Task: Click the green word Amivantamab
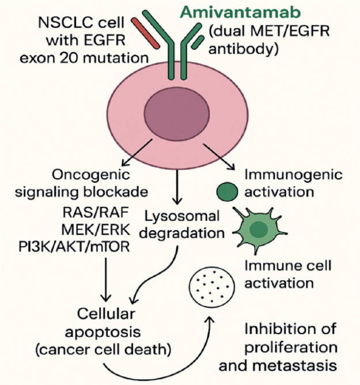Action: click(x=240, y=12)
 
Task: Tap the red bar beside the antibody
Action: click(x=146, y=33)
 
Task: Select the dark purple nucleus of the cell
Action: click(x=177, y=114)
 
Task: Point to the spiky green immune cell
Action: click(x=258, y=229)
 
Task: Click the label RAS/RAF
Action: click(x=96, y=212)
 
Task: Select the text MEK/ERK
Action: click(x=95, y=229)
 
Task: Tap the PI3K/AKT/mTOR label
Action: click(x=74, y=247)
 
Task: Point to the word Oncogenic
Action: click(x=91, y=175)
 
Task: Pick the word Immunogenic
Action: click(x=294, y=175)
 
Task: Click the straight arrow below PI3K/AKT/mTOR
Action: click(x=106, y=280)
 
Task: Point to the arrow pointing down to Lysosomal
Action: click(x=177, y=187)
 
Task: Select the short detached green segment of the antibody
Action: click(x=198, y=42)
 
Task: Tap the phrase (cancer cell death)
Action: click(x=103, y=349)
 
